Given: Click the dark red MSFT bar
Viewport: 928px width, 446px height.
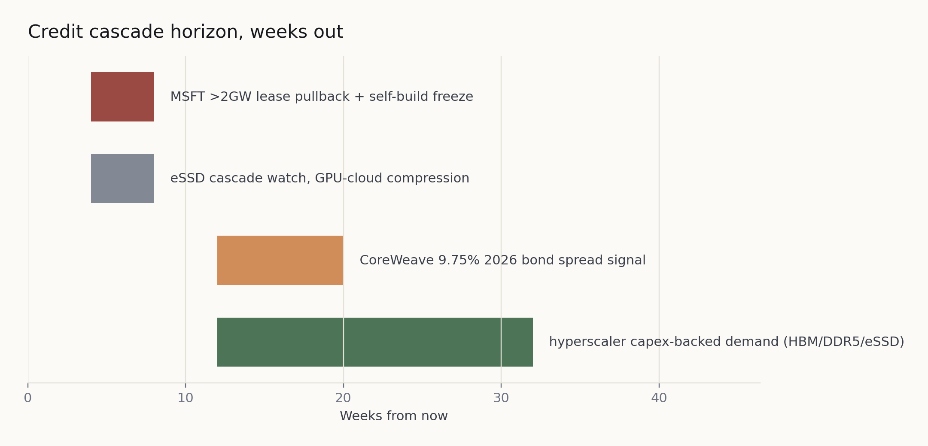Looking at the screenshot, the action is click(x=122, y=97).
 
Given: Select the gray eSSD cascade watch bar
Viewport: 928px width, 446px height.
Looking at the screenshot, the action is click(x=122, y=179).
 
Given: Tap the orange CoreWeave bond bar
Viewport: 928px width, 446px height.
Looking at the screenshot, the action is click(x=280, y=260).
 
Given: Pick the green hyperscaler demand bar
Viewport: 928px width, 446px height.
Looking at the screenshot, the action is click(x=375, y=342).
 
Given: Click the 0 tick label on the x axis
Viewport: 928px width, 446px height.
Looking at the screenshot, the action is click(x=28, y=398).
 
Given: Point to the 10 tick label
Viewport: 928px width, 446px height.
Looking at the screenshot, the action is click(x=186, y=398).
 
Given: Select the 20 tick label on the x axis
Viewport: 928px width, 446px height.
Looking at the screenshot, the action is click(x=343, y=398).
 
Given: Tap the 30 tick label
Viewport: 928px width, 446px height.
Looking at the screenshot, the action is click(x=501, y=398).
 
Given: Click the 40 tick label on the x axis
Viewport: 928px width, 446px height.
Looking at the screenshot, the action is click(x=659, y=398).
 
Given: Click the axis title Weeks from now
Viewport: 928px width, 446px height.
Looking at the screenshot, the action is click(x=394, y=416).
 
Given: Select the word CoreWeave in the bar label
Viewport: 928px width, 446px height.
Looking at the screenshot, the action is click(x=397, y=260).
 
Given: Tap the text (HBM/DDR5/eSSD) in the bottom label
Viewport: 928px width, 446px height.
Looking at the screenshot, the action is click(x=844, y=342).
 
